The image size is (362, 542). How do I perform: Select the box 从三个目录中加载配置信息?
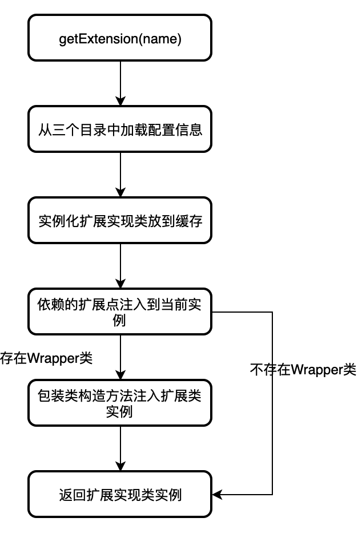pos(120,130)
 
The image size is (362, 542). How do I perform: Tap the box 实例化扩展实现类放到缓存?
pos(120,221)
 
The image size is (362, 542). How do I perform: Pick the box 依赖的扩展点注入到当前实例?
pos(120,312)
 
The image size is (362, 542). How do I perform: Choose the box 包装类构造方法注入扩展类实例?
pos(120,403)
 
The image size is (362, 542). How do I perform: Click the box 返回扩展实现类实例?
pos(120,494)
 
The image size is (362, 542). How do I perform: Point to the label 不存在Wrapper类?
pos(303,370)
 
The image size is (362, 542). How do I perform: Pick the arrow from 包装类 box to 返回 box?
pos(120,448)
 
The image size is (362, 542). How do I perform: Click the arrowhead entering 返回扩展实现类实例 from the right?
pos(217,494)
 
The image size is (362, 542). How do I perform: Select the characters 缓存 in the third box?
pos(191,221)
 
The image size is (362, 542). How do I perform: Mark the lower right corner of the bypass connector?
pos(272,494)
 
